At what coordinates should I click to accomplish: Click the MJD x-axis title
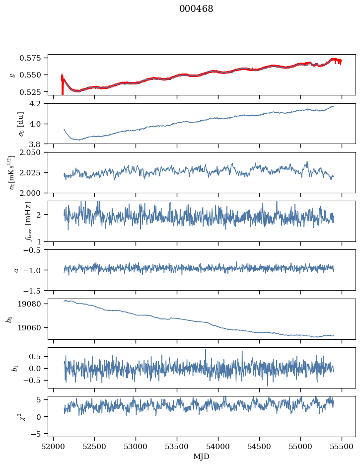coord(202,456)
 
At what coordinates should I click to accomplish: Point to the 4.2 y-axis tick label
coord(38,104)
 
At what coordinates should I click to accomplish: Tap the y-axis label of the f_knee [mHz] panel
coord(13,221)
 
